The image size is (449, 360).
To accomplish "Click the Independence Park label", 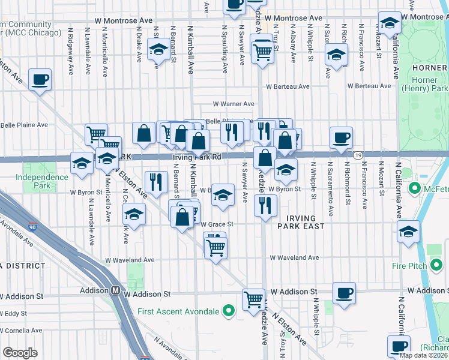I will click(x=42, y=181).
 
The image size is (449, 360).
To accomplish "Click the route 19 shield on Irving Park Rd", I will click(x=357, y=155).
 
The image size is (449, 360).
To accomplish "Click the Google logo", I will click(x=20, y=353).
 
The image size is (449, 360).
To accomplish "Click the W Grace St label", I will click(x=217, y=224).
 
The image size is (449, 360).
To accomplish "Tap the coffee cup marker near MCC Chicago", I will click(x=40, y=79).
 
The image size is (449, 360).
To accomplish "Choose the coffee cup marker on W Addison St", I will click(x=343, y=293).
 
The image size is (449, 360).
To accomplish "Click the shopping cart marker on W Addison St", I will click(x=253, y=299).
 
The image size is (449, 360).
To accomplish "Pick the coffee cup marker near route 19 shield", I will click(x=341, y=137).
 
